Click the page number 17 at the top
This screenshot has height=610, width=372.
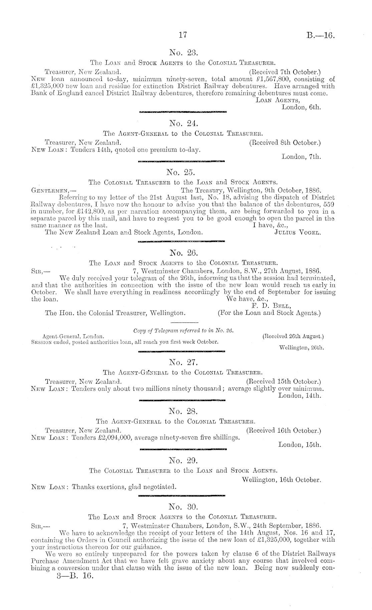(x=183, y=35)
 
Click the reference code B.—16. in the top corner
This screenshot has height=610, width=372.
(x=320, y=35)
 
